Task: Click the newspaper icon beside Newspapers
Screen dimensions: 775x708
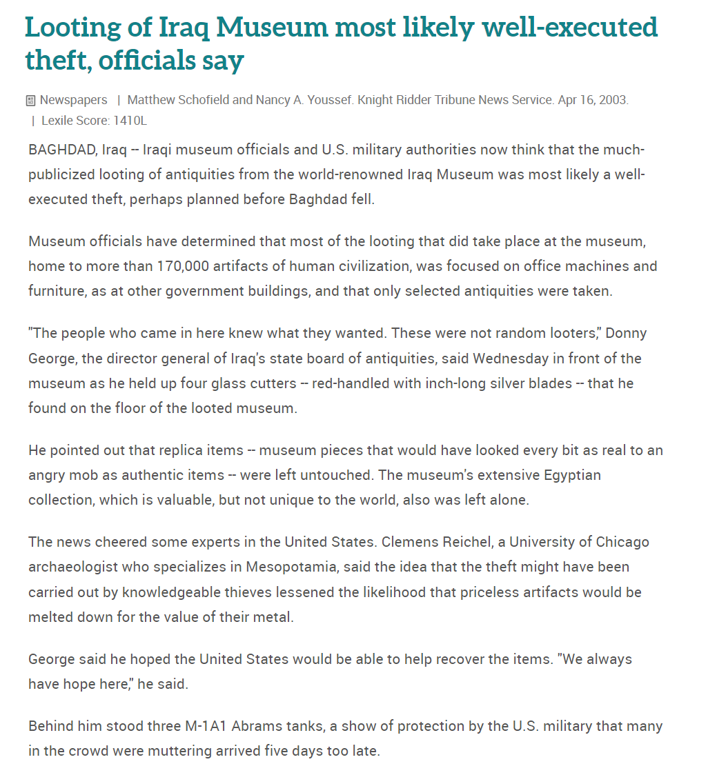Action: [30, 101]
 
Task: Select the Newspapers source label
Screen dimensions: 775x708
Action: [73, 100]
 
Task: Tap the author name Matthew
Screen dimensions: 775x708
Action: [151, 100]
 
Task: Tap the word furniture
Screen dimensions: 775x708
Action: [55, 290]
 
